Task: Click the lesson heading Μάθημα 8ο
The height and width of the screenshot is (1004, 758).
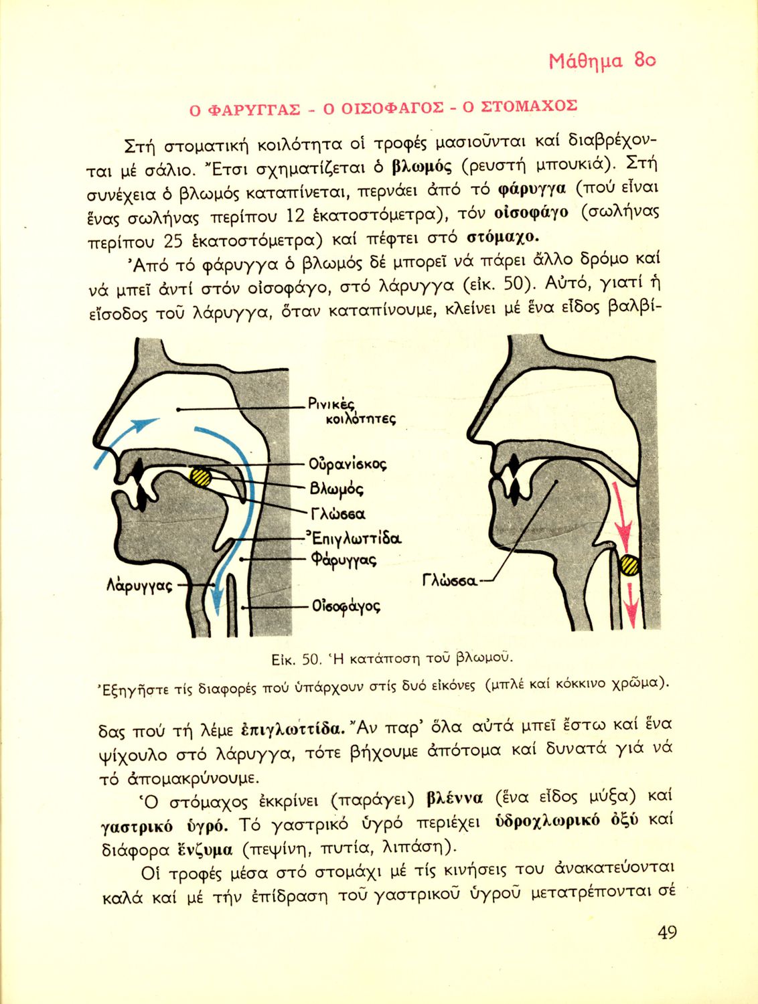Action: (601, 62)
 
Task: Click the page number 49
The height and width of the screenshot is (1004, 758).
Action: (666, 932)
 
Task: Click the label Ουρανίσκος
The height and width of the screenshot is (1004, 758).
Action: (348, 464)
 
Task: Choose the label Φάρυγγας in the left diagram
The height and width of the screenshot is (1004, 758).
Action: (343, 560)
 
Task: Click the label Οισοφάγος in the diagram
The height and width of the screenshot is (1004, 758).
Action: (346, 607)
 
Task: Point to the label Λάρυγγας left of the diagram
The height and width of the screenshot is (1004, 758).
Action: (139, 586)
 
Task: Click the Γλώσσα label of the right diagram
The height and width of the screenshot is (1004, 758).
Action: (450, 580)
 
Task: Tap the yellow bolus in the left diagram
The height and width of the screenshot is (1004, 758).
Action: (200, 477)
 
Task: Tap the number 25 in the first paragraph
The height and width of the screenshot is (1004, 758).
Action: (173, 241)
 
